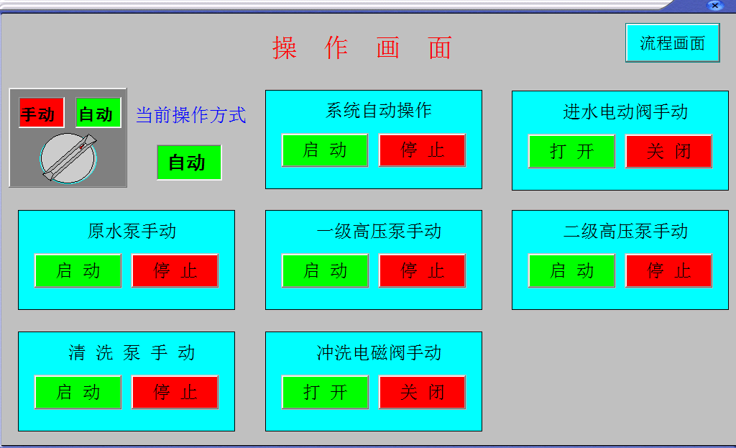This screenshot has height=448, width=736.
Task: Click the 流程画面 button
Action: (672, 42)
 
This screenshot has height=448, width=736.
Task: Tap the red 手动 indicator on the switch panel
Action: (41, 113)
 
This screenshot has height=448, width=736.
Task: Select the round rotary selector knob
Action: (68, 157)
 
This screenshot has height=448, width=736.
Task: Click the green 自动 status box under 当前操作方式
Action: (189, 163)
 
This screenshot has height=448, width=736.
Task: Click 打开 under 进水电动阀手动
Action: (571, 151)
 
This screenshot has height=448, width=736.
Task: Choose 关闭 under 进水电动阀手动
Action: (669, 151)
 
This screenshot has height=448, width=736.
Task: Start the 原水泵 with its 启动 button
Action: (78, 270)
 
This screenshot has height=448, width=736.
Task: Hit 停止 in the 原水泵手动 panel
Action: (175, 270)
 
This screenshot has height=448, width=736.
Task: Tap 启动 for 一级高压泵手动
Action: (326, 270)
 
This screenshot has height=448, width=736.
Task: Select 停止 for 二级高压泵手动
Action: (669, 270)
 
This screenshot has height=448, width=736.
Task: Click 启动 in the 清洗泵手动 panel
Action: (78, 392)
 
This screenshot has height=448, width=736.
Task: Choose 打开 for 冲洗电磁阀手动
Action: (326, 392)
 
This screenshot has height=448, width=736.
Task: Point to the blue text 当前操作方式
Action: (191, 115)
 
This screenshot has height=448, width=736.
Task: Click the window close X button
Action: (714, 6)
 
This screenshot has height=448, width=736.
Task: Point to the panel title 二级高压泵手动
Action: (625, 231)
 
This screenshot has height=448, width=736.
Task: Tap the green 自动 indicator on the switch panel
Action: (98, 113)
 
